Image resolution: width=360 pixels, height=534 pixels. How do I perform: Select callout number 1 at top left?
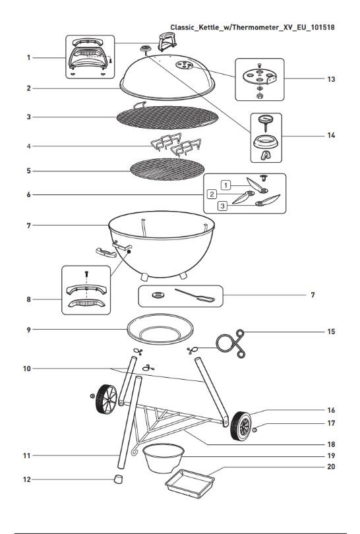(x=28, y=58)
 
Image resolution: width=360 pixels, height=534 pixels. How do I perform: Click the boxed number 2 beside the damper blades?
(x=212, y=194)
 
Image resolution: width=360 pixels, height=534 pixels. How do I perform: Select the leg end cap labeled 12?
(x=119, y=479)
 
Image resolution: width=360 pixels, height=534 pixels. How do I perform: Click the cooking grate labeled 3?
(x=166, y=119)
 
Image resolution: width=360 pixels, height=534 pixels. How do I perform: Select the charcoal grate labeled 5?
(x=166, y=169)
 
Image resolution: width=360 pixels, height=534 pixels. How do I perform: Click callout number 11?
(x=28, y=456)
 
